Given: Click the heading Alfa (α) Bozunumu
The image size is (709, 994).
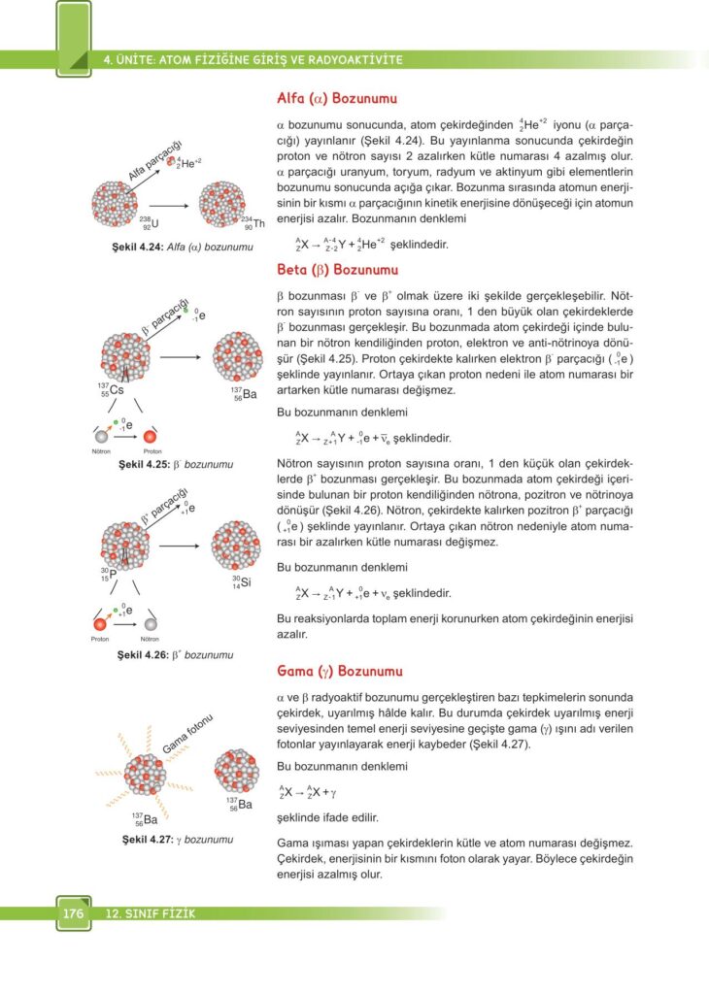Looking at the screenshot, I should pos(337,98).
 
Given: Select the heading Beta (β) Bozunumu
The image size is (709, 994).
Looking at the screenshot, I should pos(337,269).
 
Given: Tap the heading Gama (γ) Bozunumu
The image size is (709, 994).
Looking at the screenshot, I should pos(340,671).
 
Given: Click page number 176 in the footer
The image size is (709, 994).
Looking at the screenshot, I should pos(73,913).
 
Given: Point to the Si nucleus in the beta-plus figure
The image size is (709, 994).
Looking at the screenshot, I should pos(235,546).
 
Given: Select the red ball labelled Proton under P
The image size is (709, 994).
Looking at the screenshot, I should pos(100,625).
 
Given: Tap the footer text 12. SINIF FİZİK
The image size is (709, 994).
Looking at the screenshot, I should pos(150,913).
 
